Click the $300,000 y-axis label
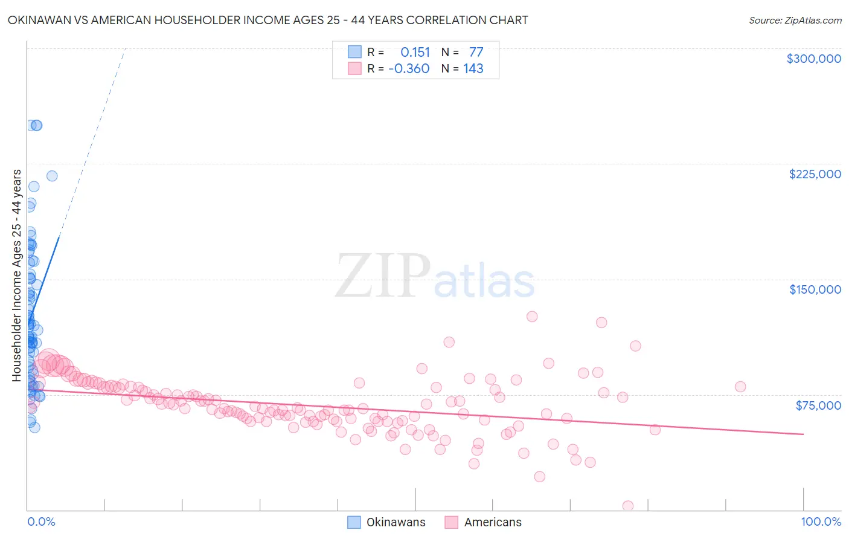click(x=813, y=59)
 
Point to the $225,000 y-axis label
click(x=815, y=174)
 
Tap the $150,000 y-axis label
click(x=815, y=289)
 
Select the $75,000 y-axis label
click(x=818, y=405)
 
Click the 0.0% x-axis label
click(x=41, y=522)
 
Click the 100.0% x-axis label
click(x=821, y=522)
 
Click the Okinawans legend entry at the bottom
click(x=396, y=523)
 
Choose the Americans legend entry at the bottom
click(x=493, y=523)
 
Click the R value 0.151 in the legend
click(x=415, y=53)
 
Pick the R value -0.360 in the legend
click(x=409, y=69)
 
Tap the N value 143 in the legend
click(x=473, y=69)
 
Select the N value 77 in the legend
click(x=476, y=53)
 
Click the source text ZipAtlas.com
click(x=795, y=21)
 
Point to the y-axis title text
click(x=17, y=276)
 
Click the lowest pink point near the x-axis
click(x=628, y=506)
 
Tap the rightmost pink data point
click(x=740, y=387)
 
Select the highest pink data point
click(x=532, y=317)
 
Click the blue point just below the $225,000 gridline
click(x=52, y=176)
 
